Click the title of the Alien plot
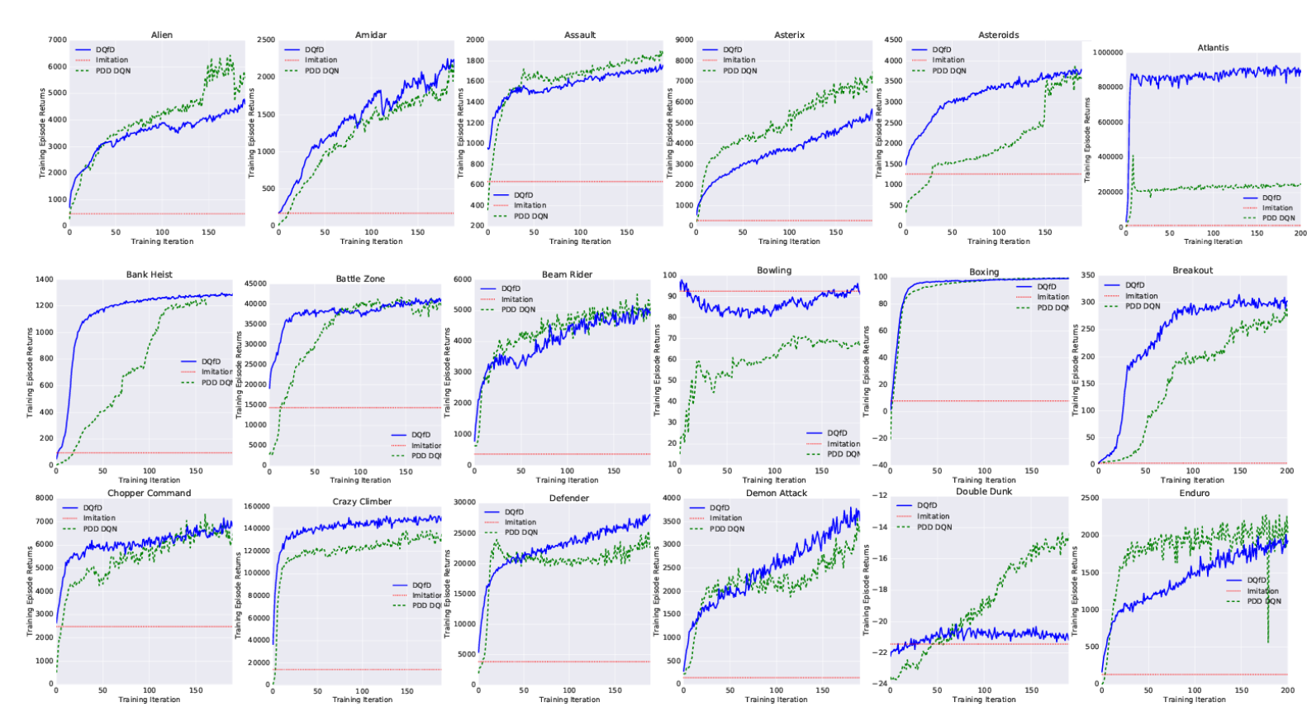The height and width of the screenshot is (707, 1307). [x=162, y=35]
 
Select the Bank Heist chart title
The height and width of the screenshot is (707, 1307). [x=149, y=275]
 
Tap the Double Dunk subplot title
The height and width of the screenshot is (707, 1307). [x=984, y=491]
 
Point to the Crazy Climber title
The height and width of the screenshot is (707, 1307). [x=362, y=501]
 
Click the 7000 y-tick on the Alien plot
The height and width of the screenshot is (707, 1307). [x=57, y=40]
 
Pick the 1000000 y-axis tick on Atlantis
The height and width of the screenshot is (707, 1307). [x=1107, y=52]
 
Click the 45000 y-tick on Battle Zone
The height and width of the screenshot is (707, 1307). [x=254, y=284]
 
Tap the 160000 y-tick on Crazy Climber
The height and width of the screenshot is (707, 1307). [x=257, y=506]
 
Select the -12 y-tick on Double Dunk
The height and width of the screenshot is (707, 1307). [x=880, y=495]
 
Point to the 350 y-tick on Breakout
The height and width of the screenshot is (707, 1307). [x=1087, y=275]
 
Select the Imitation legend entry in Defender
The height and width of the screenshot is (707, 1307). [x=520, y=522]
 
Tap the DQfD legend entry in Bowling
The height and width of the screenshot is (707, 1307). [x=837, y=432]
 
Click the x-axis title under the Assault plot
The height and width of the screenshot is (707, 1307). [x=580, y=241]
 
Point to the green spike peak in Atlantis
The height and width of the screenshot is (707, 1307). [x=1133, y=156]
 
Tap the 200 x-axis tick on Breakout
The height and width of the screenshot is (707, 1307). [x=1286, y=471]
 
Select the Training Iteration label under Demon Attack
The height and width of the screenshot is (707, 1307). [x=776, y=700]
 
